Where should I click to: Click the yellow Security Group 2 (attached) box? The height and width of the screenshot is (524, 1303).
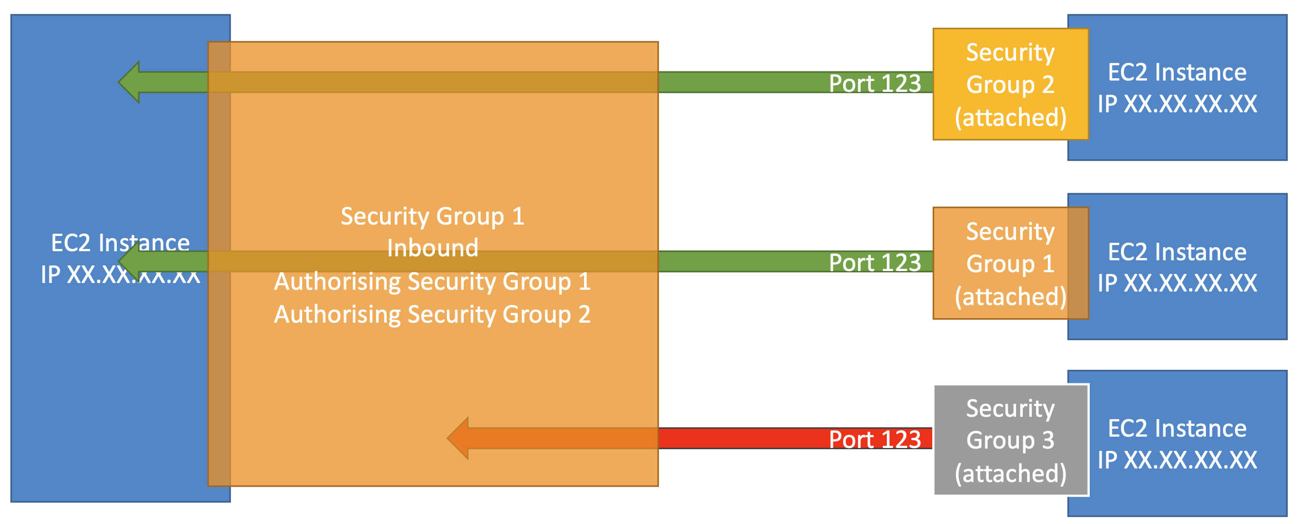(1010, 84)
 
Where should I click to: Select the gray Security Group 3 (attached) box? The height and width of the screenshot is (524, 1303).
(1010, 440)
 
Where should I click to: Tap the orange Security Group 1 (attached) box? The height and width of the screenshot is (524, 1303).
(1010, 263)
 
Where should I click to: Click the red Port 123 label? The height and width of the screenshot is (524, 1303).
(875, 440)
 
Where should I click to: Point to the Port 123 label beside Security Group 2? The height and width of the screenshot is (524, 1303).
(875, 83)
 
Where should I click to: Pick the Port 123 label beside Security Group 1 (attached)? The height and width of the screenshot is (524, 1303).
(875, 263)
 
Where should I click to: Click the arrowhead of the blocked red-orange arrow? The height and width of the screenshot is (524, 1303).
(459, 438)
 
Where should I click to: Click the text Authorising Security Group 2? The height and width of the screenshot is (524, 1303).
(432, 314)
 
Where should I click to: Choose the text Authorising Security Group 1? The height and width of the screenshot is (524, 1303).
(432, 281)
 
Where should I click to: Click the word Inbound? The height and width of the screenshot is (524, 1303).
(432, 248)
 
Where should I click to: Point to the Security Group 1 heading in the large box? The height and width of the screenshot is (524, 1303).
(432, 216)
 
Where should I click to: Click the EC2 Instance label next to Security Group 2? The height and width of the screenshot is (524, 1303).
(1177, 72)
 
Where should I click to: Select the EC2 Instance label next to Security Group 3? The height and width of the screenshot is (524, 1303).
(1177, 428)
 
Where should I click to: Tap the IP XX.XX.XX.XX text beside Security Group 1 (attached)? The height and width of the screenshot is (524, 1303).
(1177, 283)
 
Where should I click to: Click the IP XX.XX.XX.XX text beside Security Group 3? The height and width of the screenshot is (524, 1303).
(1177, 460)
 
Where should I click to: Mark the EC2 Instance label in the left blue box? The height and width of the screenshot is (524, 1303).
(120, 243)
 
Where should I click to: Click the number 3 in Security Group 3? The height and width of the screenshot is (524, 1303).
(1048, 440)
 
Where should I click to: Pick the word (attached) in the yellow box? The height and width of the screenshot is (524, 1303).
(1010, 117)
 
